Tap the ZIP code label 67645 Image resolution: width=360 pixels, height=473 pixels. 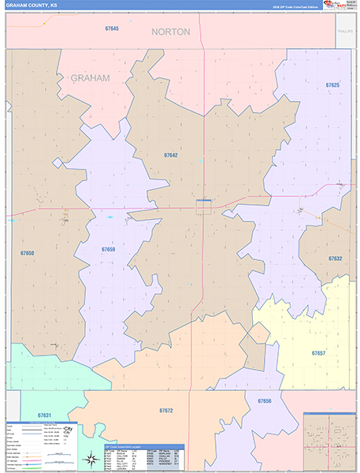(111, 28)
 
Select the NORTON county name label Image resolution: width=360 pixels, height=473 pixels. (170, 32)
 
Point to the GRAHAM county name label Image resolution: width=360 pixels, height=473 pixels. (90, 78)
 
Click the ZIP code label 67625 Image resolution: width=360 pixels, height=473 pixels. (332, 85)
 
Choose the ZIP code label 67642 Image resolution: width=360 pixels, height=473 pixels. (171, 155)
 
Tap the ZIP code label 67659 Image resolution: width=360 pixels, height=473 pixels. (108, 249)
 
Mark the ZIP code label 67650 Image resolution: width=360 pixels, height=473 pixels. (28, 253)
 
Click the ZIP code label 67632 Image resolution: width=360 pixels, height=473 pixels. (336, 259)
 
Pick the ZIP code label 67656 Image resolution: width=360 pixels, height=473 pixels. (264, 401)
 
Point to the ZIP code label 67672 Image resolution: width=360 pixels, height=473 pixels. (165, 411)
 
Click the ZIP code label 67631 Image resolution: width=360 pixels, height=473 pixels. (45, 415)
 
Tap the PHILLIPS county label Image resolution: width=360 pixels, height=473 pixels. (345, 32)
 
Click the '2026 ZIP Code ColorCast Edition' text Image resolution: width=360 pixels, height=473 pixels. (299, 6)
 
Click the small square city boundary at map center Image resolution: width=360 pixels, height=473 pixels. (203, 205)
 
